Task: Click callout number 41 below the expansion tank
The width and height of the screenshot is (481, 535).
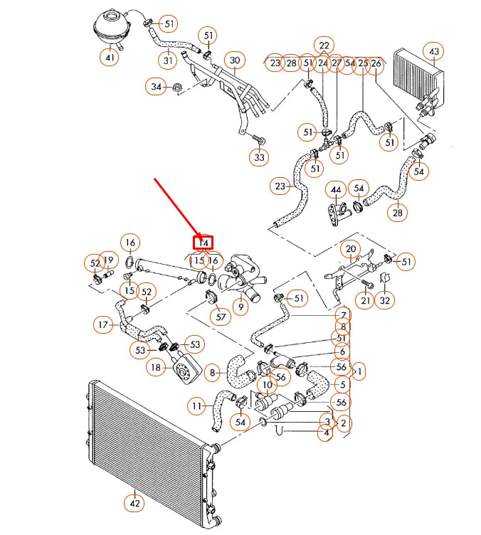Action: click(x=110, y=58)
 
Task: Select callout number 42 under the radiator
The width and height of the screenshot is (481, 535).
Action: click(x=134, y=504)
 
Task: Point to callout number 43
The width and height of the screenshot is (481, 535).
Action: click(x=433, y=51)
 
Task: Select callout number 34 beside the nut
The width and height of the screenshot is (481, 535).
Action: click(x=157, y=87)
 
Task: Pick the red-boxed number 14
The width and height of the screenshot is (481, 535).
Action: click(x=204, y=243)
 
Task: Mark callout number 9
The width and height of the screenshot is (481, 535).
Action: click(x=241, y=307)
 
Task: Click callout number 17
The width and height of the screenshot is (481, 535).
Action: click(x=104, y=325)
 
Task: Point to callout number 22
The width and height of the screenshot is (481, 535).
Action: click(x=324, y=46)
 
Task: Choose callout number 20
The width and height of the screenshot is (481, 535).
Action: click(x=350, y=249)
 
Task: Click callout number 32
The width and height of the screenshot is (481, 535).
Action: click(x=385, y=301)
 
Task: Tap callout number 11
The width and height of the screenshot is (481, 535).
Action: click(x=197, y=406)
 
